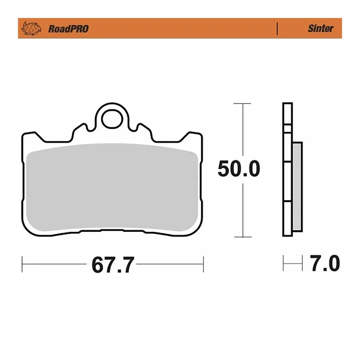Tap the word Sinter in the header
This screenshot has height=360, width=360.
tap(320, 28)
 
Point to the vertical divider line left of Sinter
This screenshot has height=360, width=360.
tap(277, 28)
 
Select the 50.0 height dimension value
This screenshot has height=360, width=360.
tap(238, 169)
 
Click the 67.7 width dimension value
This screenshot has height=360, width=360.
tap(112, 265)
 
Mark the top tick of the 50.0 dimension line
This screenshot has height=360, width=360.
tap(243, 103)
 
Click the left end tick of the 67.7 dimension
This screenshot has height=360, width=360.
tap(22, 263)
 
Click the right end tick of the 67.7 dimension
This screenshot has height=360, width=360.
tap(204, 263)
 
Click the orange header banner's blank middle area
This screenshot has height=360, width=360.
tap(180, 28)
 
